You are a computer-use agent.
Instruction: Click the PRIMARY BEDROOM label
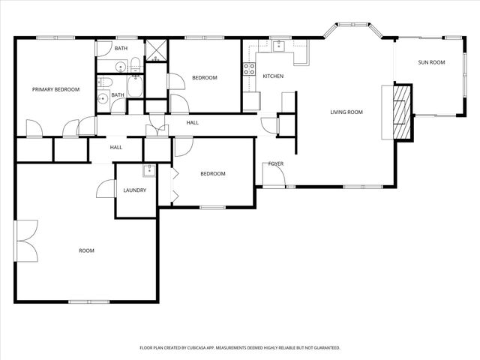55,89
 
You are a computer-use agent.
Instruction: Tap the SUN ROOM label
431,62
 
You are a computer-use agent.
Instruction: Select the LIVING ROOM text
346,112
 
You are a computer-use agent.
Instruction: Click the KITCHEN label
272,76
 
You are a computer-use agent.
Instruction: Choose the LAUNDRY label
135,190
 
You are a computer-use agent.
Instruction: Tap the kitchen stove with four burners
248,70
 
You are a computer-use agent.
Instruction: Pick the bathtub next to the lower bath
136,86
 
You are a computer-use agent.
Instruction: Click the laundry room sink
148,169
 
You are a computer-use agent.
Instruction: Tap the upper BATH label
121,49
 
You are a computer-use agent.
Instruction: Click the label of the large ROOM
87,250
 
